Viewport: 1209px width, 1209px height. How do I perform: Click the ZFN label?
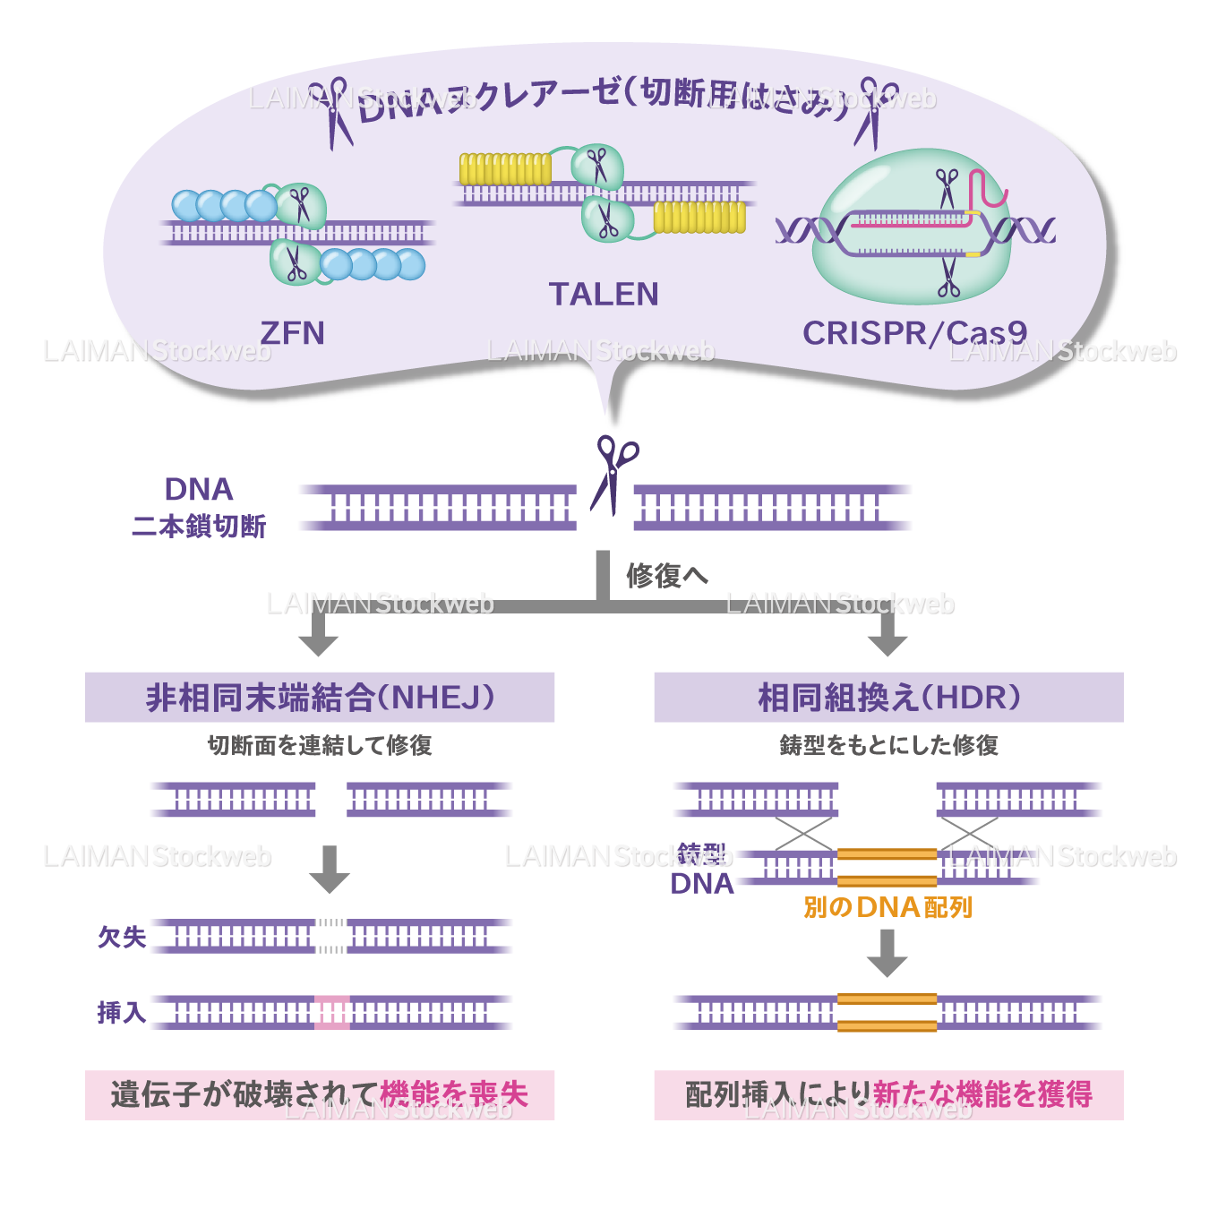point(292,333)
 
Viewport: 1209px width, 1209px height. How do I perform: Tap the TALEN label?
point(604,295)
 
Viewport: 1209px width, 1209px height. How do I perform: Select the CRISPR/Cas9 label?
point(914,333)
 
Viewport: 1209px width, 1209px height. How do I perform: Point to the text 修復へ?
point(666,576)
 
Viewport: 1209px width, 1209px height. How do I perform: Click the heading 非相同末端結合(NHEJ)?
point(320,698)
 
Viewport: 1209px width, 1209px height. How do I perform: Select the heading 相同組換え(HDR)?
point(888,698)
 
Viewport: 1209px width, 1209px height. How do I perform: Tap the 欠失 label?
point(122,937)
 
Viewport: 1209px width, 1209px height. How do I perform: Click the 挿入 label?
point(122,1013)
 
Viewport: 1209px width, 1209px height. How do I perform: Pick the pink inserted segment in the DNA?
point(332,1013)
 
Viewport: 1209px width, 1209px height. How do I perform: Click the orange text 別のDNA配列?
point(887,908)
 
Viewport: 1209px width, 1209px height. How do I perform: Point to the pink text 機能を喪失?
point(454,1094)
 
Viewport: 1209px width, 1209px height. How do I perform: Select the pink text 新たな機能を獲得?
point(982,1094)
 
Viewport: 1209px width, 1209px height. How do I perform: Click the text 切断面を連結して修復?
point(320,745)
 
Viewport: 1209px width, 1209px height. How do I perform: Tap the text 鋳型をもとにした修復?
point(888,745)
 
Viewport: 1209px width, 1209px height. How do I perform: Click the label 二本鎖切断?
point(199,527)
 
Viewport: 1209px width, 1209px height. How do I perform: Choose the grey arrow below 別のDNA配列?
point(887,953)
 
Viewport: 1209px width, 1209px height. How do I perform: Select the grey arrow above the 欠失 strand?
point(330,869)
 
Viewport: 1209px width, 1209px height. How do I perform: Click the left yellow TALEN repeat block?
point(505,169)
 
